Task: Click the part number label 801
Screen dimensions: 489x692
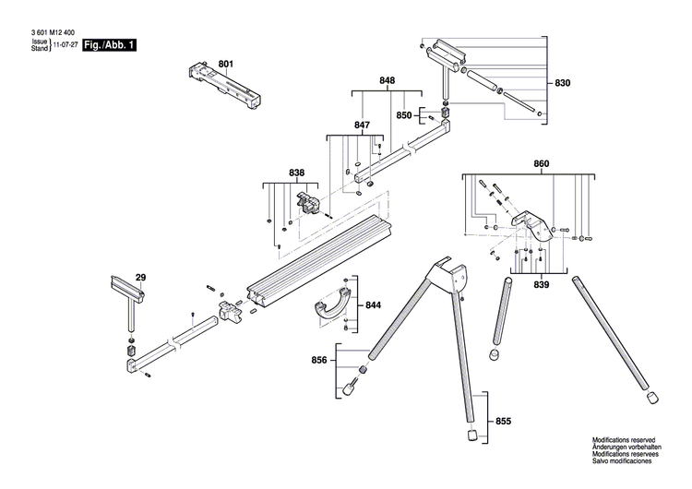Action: tap(226, 64)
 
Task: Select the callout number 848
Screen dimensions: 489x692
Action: tap(388, 81)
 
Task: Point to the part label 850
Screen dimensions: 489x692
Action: tap(404, 115)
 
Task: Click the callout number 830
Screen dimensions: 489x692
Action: tap(562, 84)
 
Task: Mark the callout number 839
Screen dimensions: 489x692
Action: tap(541, 286)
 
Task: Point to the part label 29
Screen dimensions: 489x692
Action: tap(140, 277)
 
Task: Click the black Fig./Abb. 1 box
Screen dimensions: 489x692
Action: tap(108, 45)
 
